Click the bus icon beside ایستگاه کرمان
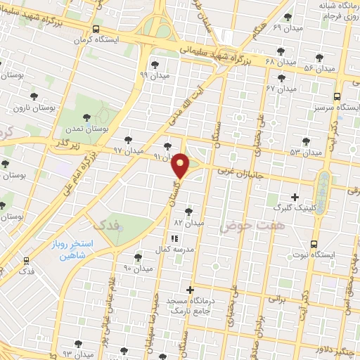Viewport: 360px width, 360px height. click(96, 29)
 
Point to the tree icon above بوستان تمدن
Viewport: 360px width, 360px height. click(87, 117)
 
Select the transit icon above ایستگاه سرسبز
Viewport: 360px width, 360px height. click(337, 96)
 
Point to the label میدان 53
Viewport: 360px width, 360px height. click(304, 151)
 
